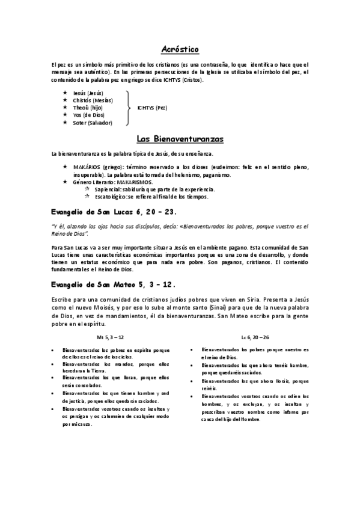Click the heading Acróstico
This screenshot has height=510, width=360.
pos(180,49)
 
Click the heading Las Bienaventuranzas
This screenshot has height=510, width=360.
pos(180,140)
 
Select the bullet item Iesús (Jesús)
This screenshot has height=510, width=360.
pos(88,93)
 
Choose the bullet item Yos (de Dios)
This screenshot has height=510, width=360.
pos(88,115)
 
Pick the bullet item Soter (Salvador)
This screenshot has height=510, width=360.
pos(92,123)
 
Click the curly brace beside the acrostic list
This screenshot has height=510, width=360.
pos(128,108)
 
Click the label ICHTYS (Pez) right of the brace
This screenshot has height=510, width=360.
pos(152,108)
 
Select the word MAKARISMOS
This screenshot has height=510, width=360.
pos(135,182)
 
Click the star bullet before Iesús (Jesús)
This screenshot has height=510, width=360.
pos(66,93)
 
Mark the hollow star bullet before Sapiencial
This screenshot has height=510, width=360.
pos(88,189)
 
